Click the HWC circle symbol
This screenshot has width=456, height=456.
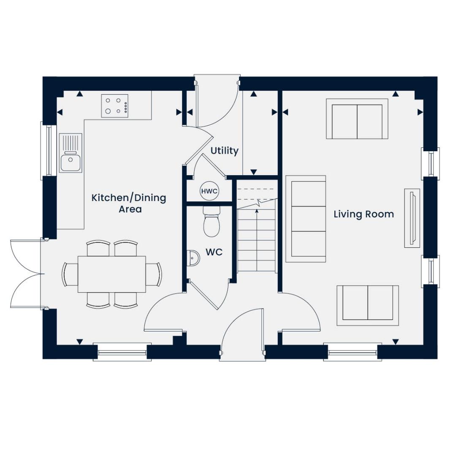click(209, 191)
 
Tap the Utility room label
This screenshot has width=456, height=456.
click(225, 151)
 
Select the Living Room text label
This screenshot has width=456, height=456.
click(364, 214)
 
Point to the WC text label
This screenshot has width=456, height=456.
click(214, 252)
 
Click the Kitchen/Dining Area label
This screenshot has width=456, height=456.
click(129, 203)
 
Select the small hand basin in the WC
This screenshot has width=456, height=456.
click(193, 258)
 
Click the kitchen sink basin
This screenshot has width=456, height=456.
click(71, 163)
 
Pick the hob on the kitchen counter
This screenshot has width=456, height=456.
click(115, 106)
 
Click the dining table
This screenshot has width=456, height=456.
click(112, 274)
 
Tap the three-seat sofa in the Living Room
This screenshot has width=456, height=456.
click(306, 219)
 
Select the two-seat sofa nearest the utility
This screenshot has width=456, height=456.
click(357, 119)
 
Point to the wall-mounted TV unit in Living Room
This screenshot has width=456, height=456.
click(412, 218)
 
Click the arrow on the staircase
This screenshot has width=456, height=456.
click(257, 210)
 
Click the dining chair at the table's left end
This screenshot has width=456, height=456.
click(70, 274)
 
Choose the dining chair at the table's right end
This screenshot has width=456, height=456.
click(154, 274)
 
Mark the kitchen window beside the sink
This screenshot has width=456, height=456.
click(48, 150)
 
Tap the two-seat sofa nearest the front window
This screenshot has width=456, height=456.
click(367, 305)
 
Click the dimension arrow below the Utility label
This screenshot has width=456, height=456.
click(253, 172)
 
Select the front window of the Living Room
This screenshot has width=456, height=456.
click(352, 352)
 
